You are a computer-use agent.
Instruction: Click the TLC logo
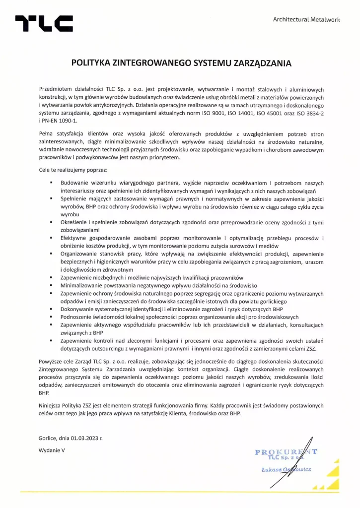(x=44, y=23)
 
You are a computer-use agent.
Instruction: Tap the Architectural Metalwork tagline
(x=306, y=19)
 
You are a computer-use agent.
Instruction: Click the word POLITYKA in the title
(x=91, y=63)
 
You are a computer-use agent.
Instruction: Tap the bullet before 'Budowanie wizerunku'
(x=51, y=183)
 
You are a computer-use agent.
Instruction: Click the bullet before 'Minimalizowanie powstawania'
(x=51, y=286)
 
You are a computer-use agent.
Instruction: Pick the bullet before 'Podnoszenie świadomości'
(x=51, y=316)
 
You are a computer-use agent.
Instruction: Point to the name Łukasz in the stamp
(x=273, y=469)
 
